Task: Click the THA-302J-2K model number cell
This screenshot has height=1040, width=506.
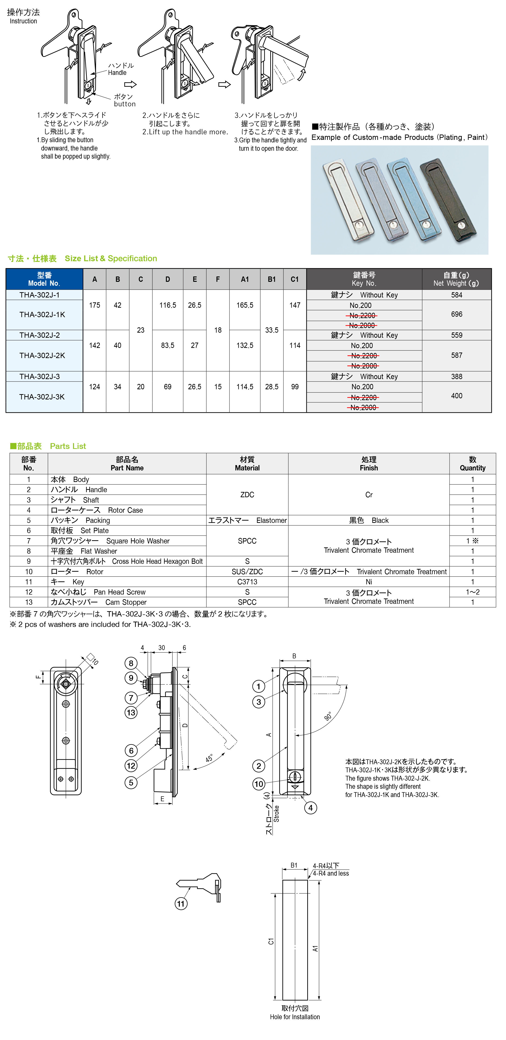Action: (x=42, y=355)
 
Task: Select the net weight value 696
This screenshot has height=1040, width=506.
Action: (x=457, y=314)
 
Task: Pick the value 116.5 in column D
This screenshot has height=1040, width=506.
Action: (x=168, y=305)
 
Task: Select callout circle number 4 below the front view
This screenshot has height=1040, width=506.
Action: (x=310, y=808)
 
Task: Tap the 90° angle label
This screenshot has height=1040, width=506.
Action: (x=328, y=716)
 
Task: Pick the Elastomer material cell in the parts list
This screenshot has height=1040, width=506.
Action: (x=247, y=520)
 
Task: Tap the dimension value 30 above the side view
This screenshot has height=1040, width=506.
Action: (x=162, y=647)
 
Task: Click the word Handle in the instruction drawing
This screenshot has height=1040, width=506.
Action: (x=117, y=73)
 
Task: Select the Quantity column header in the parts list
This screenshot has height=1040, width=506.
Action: (x=472, y=463)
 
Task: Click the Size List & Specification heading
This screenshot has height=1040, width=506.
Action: (x=111, y=258)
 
